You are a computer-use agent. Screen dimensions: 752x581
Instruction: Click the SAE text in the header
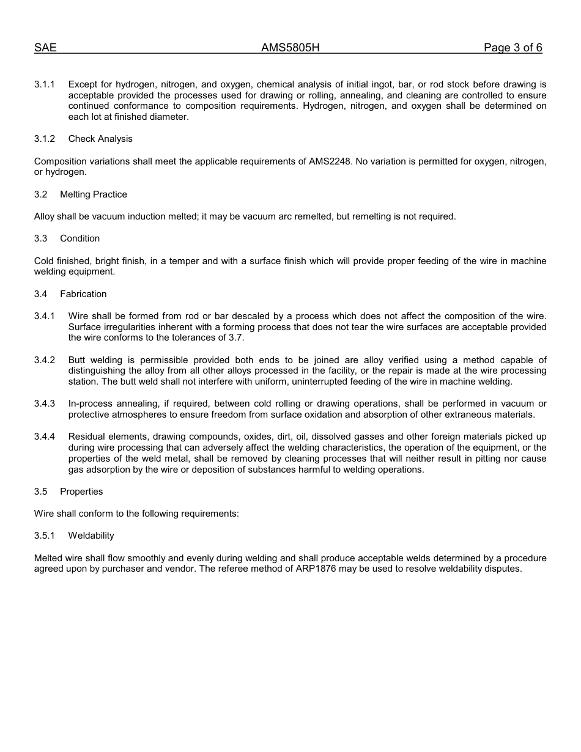(45, 48)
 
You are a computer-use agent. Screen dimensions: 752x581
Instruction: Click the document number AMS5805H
(290, 48)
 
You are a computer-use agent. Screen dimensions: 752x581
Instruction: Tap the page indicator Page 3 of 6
(513, 48)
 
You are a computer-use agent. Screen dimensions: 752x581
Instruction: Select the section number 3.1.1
(44, 84)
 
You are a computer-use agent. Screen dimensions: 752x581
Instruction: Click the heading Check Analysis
(100, 139)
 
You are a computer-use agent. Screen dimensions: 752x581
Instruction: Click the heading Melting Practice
(94, 194)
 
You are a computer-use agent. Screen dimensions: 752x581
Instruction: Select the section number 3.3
(41, 238)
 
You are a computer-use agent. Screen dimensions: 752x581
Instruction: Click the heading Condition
(80, 238)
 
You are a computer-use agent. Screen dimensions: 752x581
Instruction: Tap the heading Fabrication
(83, 294)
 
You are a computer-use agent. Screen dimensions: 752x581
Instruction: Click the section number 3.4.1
(44, 316)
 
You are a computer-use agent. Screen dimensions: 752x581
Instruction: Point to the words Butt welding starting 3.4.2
(95, 360)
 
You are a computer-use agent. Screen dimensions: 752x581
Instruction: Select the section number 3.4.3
(44, 404)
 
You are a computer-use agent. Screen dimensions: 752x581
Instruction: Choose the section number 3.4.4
(44, 437)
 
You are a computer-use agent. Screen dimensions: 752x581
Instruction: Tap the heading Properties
(81, 492)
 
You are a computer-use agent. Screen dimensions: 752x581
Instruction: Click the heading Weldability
(91, 536)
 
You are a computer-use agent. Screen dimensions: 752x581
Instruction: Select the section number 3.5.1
(44, 536)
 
